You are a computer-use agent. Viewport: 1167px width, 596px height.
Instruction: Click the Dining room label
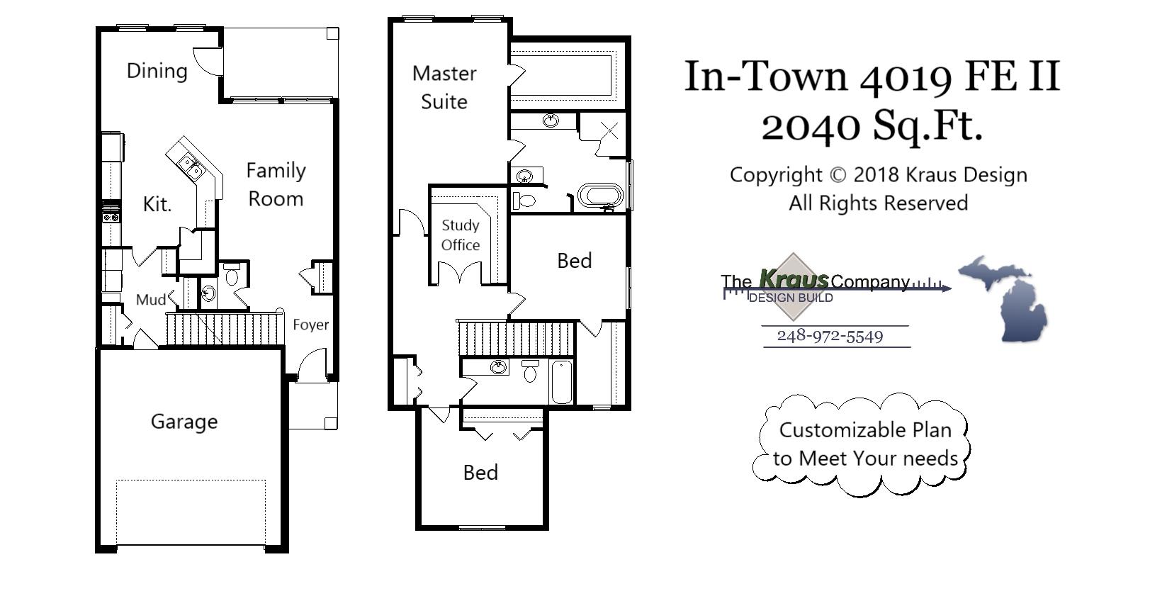click(x=157, y=71)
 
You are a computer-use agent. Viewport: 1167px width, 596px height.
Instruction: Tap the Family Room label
click(x=276, y=184)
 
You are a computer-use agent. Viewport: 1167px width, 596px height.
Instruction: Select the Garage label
click(x=184, y=422)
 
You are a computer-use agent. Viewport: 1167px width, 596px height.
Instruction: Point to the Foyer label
click(x=310, y=325)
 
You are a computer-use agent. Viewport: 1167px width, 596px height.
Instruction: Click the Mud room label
click(x=151, y=300)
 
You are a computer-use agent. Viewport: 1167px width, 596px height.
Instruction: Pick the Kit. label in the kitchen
click(x=157, y=204)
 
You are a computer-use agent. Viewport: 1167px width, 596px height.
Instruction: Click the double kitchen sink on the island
click(x=190, y=167)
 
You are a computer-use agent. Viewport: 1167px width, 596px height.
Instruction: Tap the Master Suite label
click(x=444, y=87)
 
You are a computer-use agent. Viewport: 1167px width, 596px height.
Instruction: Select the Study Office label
click(x=461, y=235)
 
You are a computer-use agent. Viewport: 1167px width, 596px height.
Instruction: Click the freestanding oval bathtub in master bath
click(x=600, y=196)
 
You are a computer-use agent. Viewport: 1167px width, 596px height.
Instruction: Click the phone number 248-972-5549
click(x=830, y=336)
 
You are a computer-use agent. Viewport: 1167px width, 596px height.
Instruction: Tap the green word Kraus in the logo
click(x=793, y=279)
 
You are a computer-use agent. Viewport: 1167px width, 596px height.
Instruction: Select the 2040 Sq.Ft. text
click(x=872, y=126)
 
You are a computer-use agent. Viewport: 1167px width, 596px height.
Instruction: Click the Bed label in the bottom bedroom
click(x=480, y=473)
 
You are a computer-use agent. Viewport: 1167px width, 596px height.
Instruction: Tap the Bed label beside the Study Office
click(x=574, y=261)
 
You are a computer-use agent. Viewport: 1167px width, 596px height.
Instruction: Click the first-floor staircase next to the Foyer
click(x=223, y=329)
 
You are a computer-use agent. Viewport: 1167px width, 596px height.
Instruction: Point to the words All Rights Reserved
click(x=878, y=203)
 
